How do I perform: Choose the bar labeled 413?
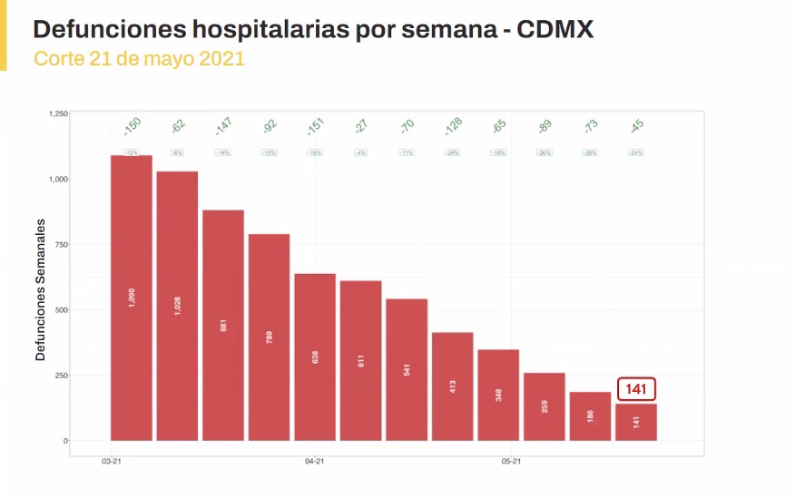point(452,386)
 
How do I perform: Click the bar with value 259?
point(544,406)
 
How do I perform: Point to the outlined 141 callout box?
point(636,389)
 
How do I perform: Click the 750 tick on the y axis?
point(61,244)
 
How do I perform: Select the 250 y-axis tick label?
point(61,375)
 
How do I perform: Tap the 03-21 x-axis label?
point(113,462)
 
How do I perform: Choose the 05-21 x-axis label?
point(512,462)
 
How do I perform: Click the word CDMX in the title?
point(555,29)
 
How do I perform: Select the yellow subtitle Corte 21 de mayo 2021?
point(139,59)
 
